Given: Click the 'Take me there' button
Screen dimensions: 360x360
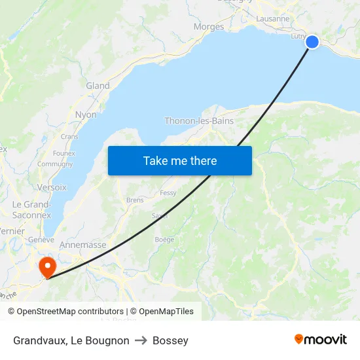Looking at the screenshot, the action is point(180,160).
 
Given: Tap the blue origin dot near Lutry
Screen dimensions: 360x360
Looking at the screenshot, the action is point(312,42).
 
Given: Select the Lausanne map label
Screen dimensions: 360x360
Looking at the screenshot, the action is point(273,18).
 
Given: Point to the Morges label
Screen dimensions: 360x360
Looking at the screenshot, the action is point(209,27).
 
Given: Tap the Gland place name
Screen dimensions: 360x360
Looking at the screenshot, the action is point(98,86).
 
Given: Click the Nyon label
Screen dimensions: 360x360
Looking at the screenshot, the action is point(86,115).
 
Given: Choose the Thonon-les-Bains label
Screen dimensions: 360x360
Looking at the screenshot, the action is point(199,121).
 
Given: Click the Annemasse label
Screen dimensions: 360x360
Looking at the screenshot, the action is point(82,245).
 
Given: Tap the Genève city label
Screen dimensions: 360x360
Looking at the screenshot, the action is point(41,240).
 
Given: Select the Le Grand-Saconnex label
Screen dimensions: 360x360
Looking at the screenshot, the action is point(31,209).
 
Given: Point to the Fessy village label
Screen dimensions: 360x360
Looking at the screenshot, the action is point(168,193).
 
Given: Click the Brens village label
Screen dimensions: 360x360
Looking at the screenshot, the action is point(135,200).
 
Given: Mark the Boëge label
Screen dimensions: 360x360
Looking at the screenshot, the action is point(164,240).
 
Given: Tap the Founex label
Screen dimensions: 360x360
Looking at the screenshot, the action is point(64,153).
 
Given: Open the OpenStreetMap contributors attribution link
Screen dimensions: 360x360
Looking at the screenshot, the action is point(70,312).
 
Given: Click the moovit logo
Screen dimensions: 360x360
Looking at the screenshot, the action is point(321,340).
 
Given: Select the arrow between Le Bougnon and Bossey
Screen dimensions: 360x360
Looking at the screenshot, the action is point(141,340).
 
